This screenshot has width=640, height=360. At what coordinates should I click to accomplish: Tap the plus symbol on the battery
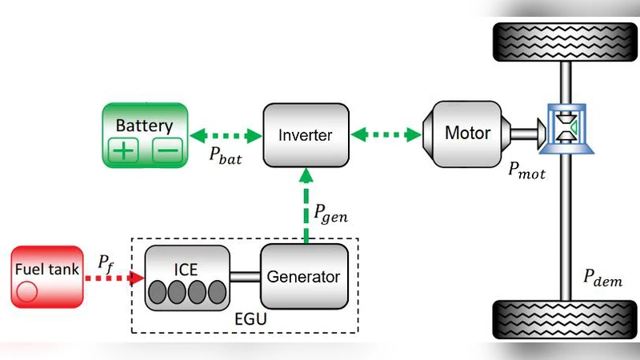122,150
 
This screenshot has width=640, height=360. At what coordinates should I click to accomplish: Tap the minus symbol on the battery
166,150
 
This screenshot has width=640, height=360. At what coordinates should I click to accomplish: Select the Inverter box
305,134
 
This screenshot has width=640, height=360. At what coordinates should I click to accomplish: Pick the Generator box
303,277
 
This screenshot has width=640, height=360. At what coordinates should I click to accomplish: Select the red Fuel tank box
46,277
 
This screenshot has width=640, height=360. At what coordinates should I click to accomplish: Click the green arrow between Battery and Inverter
224,134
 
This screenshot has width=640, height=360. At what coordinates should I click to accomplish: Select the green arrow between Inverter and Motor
386,134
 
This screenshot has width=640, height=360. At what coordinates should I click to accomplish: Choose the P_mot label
524,170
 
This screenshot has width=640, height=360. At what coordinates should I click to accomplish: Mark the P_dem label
602,279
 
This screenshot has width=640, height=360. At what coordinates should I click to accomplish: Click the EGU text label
254,321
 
